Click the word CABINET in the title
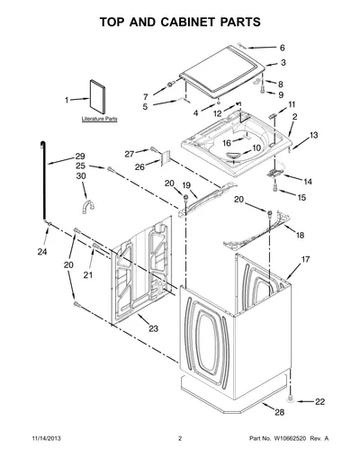click(x=187, y=22)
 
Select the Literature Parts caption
click(x=99, y=119)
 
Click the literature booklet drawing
click(x=97, y=96)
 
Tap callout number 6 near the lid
click(x=283, y=48)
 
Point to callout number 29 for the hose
click(x=80, y=156)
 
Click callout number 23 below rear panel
click(x=153, y=328)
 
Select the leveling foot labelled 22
click(x=290, y=399)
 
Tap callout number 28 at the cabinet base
click(x=280, y=412)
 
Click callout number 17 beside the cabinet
click(x=305, y=259)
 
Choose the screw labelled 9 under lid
click(x=264, y=89)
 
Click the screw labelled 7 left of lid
click(x=171, y=85)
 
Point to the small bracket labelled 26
click(x=166, y=157)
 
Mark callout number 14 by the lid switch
click(x=308, y=182)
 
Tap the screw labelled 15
click(x=274, y=188)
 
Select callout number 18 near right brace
click(x=300, y=235)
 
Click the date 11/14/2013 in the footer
click(x=47, y=438)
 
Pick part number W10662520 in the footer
click(x=290, y=438)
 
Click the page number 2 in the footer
click(x=180, y=438)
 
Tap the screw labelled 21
click(x=96, y=246)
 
